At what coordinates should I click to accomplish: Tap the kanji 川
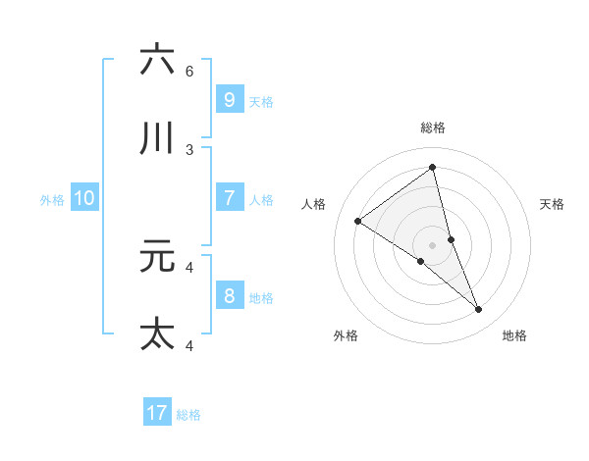tap(157, 138)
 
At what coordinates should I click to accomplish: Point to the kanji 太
tap(157, 333)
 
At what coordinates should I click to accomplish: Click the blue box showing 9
tap(229, 99)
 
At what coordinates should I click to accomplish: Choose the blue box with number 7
tap(229, 198)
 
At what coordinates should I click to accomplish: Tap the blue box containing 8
tap(229, 296)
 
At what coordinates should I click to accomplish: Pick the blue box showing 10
tap(84, 198)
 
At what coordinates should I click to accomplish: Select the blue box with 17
tap(157, 413)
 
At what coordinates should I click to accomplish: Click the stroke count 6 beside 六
tap(189, 72)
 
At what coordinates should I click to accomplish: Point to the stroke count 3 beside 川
tap(189, 150)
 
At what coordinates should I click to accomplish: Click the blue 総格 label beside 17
tap(188, 415)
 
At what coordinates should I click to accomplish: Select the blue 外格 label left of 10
tap(52, 200)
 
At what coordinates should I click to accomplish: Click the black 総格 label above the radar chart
tap(433, 128)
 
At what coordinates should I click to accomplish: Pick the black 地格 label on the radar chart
tap(514, 335)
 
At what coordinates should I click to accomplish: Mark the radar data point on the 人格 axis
tap(357, 221)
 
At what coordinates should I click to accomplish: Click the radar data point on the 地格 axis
tap(479, 310)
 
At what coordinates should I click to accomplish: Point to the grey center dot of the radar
tap(432, 244)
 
